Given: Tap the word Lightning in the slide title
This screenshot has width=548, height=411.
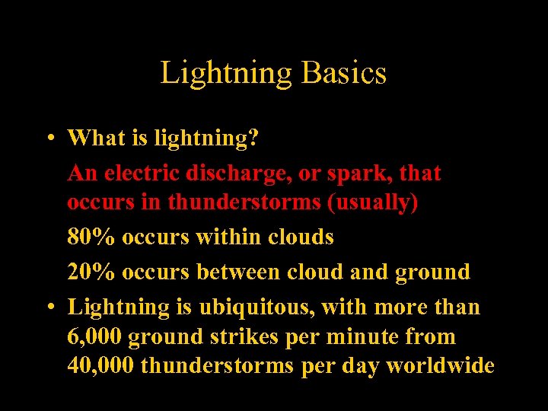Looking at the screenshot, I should point(226,74).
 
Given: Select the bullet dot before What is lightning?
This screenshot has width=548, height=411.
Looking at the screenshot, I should point(48,138).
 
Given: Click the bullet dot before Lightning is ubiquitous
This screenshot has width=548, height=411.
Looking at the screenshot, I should point(48,307).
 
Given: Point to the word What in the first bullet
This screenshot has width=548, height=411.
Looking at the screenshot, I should point(95,138).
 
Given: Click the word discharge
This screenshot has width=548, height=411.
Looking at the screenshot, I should point(237,174).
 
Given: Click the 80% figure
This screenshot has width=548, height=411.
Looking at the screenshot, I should point(91,237).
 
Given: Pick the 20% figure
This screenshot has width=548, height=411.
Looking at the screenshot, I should point(91,272).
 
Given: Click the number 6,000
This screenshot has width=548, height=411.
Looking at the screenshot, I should point(95,337).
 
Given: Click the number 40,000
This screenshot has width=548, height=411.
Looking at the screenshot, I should point(100,366).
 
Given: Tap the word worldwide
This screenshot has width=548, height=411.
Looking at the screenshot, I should point(440,366).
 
